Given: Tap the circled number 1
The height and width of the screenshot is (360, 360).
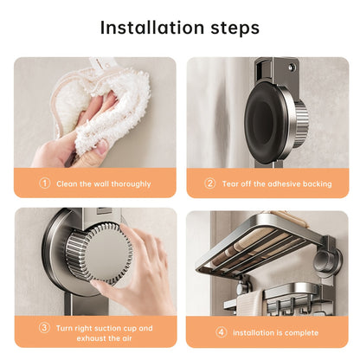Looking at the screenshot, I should pyautogui.click(x=45, y=183).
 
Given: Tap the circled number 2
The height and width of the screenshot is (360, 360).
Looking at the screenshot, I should pyautogui.click(x=209, y=183).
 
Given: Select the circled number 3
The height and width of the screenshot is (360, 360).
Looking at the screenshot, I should pyautogui.click(x=45, y=328).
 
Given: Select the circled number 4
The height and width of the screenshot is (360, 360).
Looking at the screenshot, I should pyautogui.click(x=221, y=331).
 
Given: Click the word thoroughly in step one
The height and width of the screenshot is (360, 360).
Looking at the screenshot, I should pyautogui.click(x=128, y=183).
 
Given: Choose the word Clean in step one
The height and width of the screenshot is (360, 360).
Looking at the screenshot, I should pyautogui.click(x=64, y=183).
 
